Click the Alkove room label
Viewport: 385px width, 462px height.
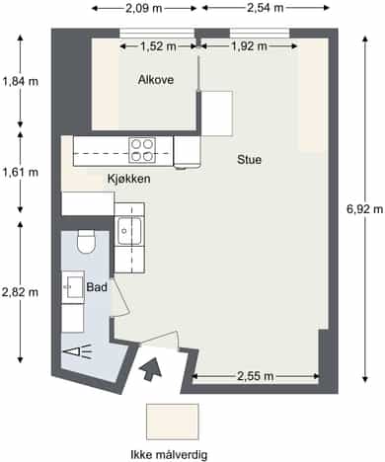point(156,80)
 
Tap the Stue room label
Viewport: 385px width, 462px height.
point(250,160)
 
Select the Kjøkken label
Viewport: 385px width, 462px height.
point(129,179)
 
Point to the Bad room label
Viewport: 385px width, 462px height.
point(97,287)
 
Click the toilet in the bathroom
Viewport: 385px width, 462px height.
point(86,242)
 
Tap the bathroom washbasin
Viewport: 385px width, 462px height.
point(74,285)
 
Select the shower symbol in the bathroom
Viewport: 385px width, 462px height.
point(79,351)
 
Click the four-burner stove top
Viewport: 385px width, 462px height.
point(142,150)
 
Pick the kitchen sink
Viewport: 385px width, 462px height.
point(129,231)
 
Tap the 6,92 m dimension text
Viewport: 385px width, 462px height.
point(365,209)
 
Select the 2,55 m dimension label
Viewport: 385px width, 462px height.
point(256,376)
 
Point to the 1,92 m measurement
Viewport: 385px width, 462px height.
point(249,46)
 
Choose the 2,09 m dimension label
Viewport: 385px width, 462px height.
point(144,8)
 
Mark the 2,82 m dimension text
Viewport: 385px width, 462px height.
point(20,292)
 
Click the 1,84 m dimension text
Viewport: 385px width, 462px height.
point(21,81)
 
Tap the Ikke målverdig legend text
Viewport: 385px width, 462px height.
point(169,455)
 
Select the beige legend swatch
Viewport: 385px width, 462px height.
point(173,422)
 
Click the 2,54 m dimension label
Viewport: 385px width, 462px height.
point(266,8)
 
